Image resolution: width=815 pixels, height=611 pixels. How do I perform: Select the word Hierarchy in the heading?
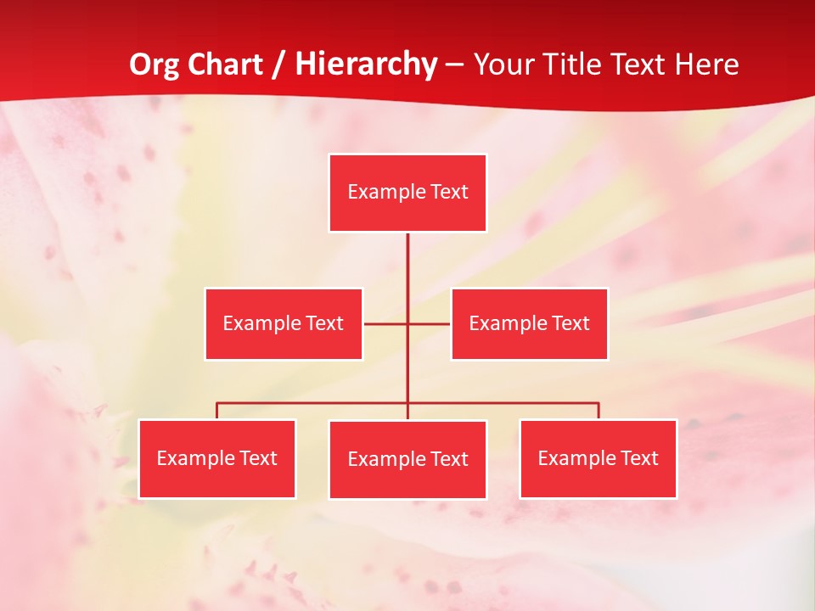coord(368,65)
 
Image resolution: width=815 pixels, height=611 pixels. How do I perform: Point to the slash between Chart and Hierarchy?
coord(278,65)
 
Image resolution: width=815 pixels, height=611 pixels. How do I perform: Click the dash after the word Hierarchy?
coord(455,65)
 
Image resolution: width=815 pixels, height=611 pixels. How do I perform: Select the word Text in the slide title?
coord(639,65)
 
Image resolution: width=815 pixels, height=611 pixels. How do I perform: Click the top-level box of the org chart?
coord(407,193)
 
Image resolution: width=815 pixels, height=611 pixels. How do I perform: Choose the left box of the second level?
coord(284,323)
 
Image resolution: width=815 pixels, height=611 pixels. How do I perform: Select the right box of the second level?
coord(530,323)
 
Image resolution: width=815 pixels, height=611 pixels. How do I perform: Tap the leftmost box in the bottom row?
coord(217,458)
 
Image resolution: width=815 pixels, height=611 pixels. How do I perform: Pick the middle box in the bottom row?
coord(407,459)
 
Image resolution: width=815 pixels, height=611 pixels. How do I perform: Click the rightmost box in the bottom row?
coord(599,458)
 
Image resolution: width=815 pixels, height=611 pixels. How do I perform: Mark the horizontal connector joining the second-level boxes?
coord(386,323)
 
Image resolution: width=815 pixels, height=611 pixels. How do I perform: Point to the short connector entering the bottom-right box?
coord(599,411)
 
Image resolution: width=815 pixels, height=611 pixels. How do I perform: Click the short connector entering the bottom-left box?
coord(217,411)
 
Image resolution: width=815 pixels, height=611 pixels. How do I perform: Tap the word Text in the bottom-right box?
coord(639,458)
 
